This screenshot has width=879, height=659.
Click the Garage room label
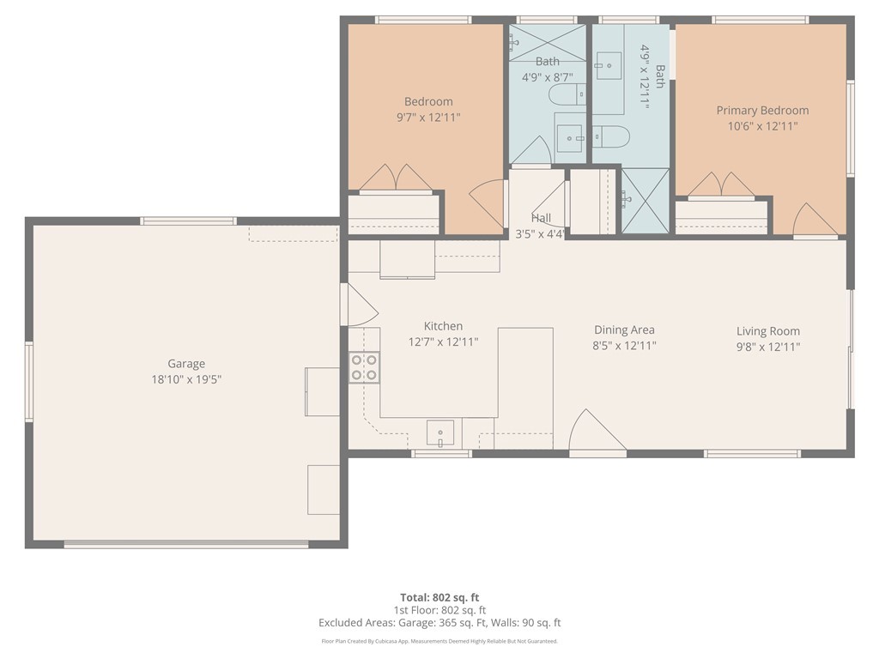[186, 363]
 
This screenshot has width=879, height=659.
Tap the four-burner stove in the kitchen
[363, 367]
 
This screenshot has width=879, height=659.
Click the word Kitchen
[443, 326]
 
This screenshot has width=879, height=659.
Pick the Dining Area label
[624, 329]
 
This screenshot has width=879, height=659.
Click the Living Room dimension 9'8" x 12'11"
[767, 347]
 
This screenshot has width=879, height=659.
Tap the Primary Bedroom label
[762, 110]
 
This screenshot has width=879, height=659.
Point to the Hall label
[541, 218]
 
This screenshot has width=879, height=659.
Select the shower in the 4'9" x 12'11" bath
[644, 201]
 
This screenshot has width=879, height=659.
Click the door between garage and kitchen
[356, 305]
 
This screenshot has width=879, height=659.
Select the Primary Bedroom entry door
[813, 221]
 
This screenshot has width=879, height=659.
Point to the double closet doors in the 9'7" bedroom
[396, 178]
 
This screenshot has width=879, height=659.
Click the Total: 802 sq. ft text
[439, 597]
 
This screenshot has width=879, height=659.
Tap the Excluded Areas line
[439, 623]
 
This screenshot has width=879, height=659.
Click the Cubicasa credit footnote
[439, 641]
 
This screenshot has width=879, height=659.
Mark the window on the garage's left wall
[28, 381]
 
